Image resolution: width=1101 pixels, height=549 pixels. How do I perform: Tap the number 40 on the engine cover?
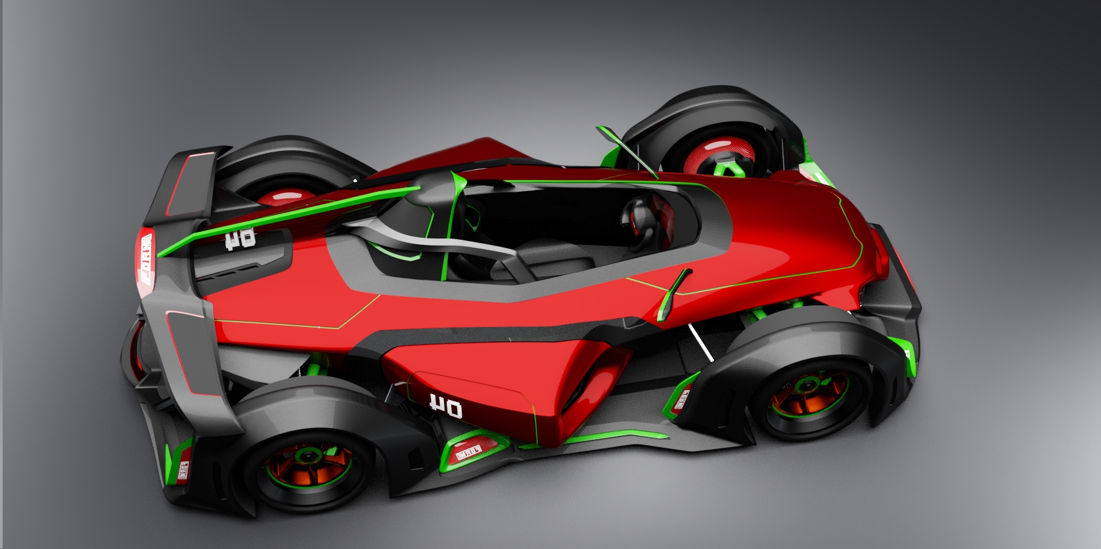pyautogui.click(x=240, y=239)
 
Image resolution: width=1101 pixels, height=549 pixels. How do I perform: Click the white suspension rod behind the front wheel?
pyautogui.click(x=700, y=343)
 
